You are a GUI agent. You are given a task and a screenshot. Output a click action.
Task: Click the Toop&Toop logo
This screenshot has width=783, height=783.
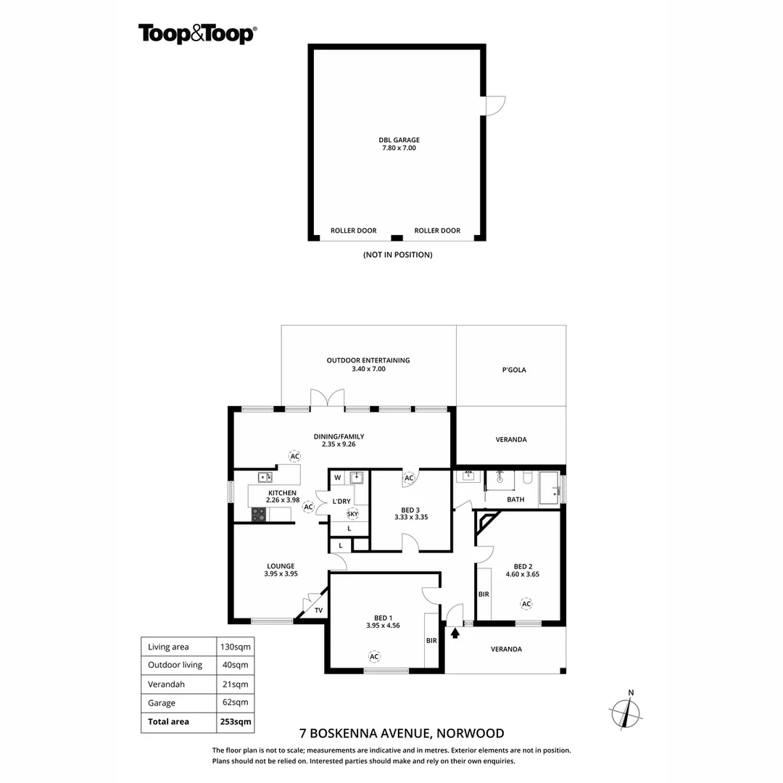(196, 33)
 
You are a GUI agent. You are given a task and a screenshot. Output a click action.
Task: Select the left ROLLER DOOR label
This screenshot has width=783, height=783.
(353, 231)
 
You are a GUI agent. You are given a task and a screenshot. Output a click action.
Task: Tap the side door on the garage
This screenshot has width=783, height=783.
(494, 106)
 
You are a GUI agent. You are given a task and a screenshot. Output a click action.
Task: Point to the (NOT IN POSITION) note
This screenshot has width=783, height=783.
(397, 254)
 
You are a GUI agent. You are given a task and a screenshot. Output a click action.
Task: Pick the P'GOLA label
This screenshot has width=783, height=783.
(513, 370)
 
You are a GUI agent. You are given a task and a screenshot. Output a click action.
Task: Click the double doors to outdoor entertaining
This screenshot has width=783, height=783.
(327, 399)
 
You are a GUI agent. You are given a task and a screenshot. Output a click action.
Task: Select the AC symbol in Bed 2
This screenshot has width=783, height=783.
(526, 603)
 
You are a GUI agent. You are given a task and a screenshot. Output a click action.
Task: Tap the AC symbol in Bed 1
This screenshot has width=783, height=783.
(374, 657)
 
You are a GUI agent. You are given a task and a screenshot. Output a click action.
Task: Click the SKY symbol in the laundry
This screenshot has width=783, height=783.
(352, 514)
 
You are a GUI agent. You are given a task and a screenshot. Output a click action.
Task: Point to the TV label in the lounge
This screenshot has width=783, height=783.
(318, 610)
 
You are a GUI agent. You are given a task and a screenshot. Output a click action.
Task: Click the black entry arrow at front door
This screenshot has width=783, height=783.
(455, 633)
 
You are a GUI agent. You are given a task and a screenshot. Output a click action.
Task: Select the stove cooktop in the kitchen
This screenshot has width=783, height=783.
(258, 514)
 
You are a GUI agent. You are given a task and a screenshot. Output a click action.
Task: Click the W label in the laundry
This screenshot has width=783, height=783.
(338, 478)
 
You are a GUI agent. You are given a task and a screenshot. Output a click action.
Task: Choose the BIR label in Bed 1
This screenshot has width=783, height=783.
(431, 641)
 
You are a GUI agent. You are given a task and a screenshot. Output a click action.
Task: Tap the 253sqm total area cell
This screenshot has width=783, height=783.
(236, 721)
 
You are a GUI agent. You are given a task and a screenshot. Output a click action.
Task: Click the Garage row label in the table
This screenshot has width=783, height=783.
(162, 703)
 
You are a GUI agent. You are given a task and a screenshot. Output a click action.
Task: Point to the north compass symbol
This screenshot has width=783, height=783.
(626, 713)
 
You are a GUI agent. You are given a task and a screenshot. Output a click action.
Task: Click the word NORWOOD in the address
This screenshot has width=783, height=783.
(471, 734)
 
